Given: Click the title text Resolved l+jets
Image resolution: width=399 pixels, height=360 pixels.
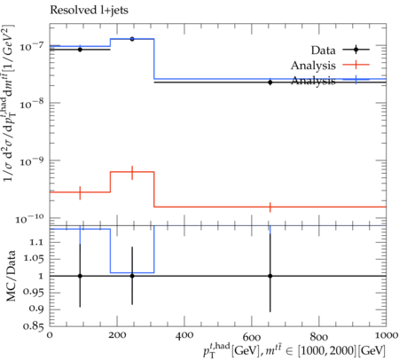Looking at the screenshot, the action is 89,11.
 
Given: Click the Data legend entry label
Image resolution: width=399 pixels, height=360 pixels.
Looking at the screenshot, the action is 323,51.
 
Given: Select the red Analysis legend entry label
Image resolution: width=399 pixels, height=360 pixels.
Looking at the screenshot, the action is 313,66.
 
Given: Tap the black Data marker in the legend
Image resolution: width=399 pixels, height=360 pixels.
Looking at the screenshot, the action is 356,50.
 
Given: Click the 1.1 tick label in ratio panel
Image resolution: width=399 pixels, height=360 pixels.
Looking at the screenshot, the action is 35,242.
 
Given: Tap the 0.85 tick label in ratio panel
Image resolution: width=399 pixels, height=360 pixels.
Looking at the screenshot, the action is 33,326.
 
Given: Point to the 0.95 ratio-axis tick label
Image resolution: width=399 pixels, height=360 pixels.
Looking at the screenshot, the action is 33,293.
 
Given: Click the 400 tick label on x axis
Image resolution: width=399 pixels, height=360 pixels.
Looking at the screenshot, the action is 184,336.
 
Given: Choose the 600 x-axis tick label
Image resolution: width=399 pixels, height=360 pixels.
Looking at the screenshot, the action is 252,336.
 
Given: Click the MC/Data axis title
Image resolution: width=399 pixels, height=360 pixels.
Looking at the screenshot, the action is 12,276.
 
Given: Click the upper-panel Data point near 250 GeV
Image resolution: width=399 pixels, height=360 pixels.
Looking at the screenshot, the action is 132,39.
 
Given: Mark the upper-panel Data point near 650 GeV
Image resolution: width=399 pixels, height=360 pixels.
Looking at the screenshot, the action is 270,82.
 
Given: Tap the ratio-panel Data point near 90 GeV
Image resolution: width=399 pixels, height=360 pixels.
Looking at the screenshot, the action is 80,276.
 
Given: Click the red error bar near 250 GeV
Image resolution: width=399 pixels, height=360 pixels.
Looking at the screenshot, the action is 132,173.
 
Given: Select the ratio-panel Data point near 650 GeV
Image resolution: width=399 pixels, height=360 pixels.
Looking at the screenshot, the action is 270,276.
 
